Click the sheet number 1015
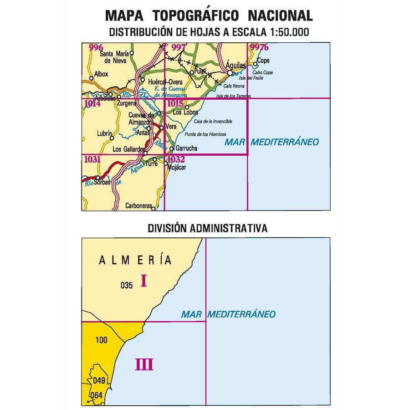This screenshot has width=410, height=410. pyautogui.click(x=175, y=103)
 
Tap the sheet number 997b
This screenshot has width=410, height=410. pyautogui.click(x=259, y=47)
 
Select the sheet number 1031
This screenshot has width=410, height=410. pyautogui.click(x=92, y=159)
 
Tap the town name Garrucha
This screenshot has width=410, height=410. pyautogui.click(x=186, y=149)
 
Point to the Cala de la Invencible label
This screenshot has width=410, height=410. pyautogui.click(x=213, y=122)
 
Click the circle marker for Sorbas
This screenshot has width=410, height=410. pyautogui.click(x=97, y=178)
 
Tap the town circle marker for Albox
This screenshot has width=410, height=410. pyautogui.click(x=91, y=78)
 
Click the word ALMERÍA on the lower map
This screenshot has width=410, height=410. pyautogui.click(x=136, y=261)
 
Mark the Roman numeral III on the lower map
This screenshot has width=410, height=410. pyautogui.click(x=144, y=364)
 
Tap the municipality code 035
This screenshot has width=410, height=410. pyautogui.click(x=127, y=286)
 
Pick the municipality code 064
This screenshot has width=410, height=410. pyautogui.click(x=96, y=395)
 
